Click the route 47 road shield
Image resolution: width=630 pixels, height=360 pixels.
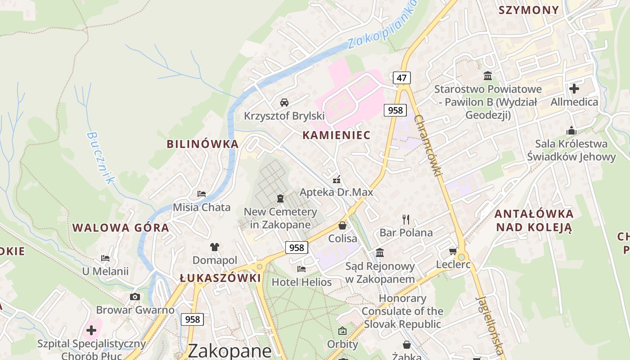(401, 78)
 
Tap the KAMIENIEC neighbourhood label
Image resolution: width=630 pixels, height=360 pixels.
(337, 135)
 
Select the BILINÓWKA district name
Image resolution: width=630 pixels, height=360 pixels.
(202, 144)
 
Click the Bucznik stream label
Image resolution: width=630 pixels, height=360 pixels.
(101, 157)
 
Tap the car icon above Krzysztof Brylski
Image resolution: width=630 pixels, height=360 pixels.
(284, 102)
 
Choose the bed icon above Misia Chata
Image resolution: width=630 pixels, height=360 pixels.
(202, 194)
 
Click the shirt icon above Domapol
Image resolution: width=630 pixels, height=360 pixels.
(215, 247)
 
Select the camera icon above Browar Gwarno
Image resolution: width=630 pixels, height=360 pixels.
(135, 297)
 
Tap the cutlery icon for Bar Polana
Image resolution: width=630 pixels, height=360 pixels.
(406, 219)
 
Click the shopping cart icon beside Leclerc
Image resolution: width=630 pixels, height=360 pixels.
(453, 251)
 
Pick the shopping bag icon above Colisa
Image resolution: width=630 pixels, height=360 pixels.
(342, 225)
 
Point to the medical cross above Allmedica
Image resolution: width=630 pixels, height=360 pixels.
(574, 88)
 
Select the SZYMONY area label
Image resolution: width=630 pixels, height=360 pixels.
(528, 10)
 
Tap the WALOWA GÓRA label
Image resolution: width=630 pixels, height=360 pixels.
(121, 228)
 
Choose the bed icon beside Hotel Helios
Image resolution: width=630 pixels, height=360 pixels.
(301, 269)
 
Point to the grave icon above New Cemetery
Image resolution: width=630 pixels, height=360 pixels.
(280, 198)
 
